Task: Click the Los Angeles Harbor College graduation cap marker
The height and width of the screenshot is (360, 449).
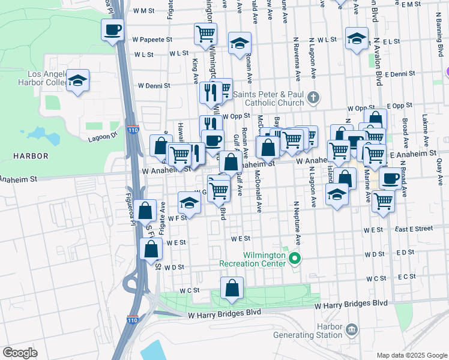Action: click(x=77, y=81)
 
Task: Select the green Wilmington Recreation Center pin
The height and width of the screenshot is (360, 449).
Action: click(x=294, y=259)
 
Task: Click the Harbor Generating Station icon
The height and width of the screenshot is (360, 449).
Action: click(x=352, y=329)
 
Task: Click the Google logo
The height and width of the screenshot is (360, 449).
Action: click(x=20, y=353)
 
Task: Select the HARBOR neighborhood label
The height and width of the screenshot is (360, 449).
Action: click(x=30, y=156)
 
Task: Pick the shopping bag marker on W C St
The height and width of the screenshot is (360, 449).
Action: click(x=232, y=289)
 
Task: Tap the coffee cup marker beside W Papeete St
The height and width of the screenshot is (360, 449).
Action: click(x=112, y=30)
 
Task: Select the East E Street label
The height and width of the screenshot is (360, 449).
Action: click(x=414, y=229)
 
